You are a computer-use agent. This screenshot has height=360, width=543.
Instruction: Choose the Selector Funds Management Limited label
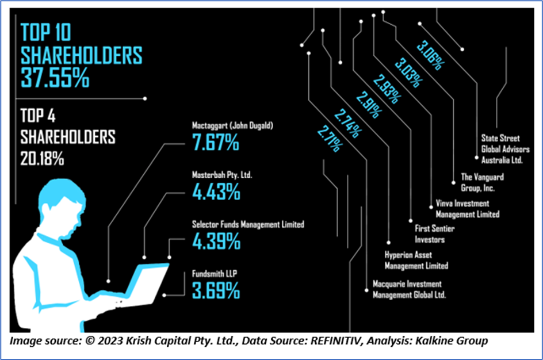click(247, 224)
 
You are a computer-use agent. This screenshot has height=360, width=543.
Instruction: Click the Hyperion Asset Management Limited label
click(416, 260)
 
